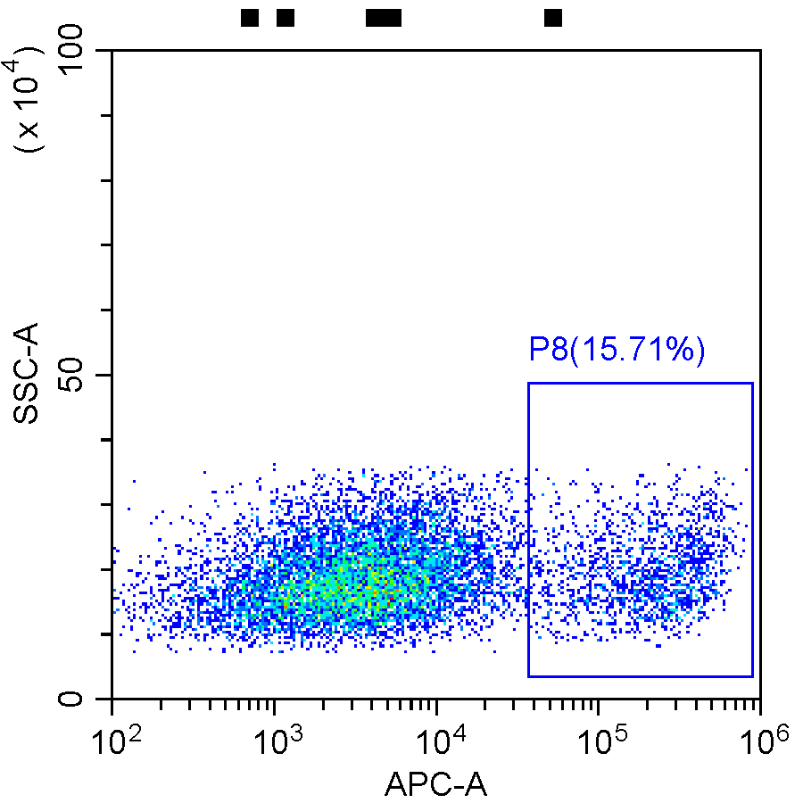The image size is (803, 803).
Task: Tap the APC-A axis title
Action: click(435, 784)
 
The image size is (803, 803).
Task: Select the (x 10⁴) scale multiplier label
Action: click(32, 103)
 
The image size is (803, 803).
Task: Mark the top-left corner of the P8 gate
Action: click(528, 384)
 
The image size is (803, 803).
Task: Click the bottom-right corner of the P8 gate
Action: click(753, 676)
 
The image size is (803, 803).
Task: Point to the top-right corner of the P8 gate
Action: click(753, 384)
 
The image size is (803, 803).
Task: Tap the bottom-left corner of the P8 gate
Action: click(528, 676)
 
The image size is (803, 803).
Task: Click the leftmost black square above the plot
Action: click(250, 18)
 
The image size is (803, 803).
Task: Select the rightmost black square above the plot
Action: click(553, 18)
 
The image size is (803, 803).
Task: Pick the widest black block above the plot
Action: click(384, 18)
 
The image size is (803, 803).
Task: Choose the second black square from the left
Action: click(286, 18)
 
